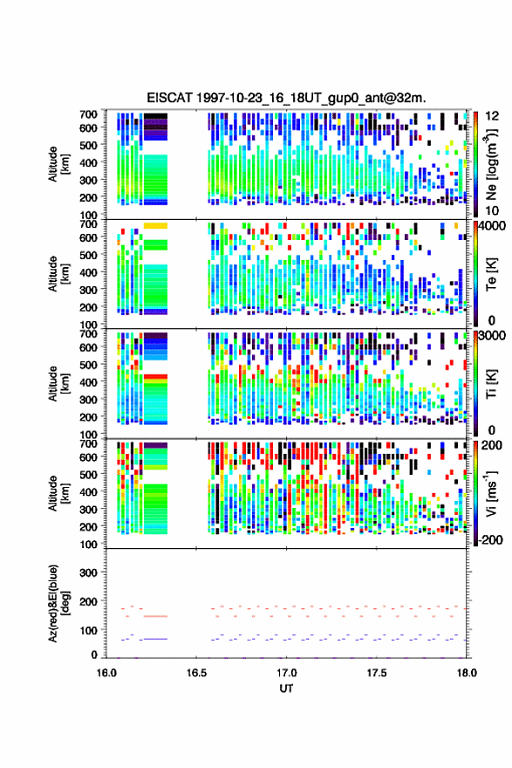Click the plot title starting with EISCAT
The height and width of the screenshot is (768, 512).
[x=286, y=98]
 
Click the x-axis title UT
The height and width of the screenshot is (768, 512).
[x=286, y=689]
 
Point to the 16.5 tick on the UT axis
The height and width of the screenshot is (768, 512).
[x=196, y=673]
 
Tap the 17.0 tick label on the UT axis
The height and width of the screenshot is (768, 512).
[x=286, y=673]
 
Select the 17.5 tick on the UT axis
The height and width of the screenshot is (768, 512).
[x=377, y=673]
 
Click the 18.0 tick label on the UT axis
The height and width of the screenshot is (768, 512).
[x=467, y=673]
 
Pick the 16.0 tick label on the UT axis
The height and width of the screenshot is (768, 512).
[x=106, y=673]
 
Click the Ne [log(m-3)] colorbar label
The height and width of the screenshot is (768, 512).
[x=492, y=165]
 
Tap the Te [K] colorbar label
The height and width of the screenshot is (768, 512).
[x=491, y=274]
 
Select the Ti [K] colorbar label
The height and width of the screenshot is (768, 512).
[x=491, y=383]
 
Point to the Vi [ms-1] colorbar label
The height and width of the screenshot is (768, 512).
[x=491, y=493]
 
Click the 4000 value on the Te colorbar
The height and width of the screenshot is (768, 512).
[x=493, y=226]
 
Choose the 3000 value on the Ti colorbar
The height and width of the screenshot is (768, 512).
[x=493, y=336]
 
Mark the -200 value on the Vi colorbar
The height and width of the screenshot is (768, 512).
[x=488, y=540]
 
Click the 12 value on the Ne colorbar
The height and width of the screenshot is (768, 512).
[x=492, y=116]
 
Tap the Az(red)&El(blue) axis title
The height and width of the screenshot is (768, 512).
[x=59, y=603]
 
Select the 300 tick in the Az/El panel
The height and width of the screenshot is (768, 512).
[x=89, y=573]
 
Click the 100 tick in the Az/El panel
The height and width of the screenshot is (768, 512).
[x=89, y=630]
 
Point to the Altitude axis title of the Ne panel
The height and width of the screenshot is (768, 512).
[x=59, y=164]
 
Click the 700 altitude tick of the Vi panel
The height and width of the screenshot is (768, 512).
[x=89, y=443]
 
